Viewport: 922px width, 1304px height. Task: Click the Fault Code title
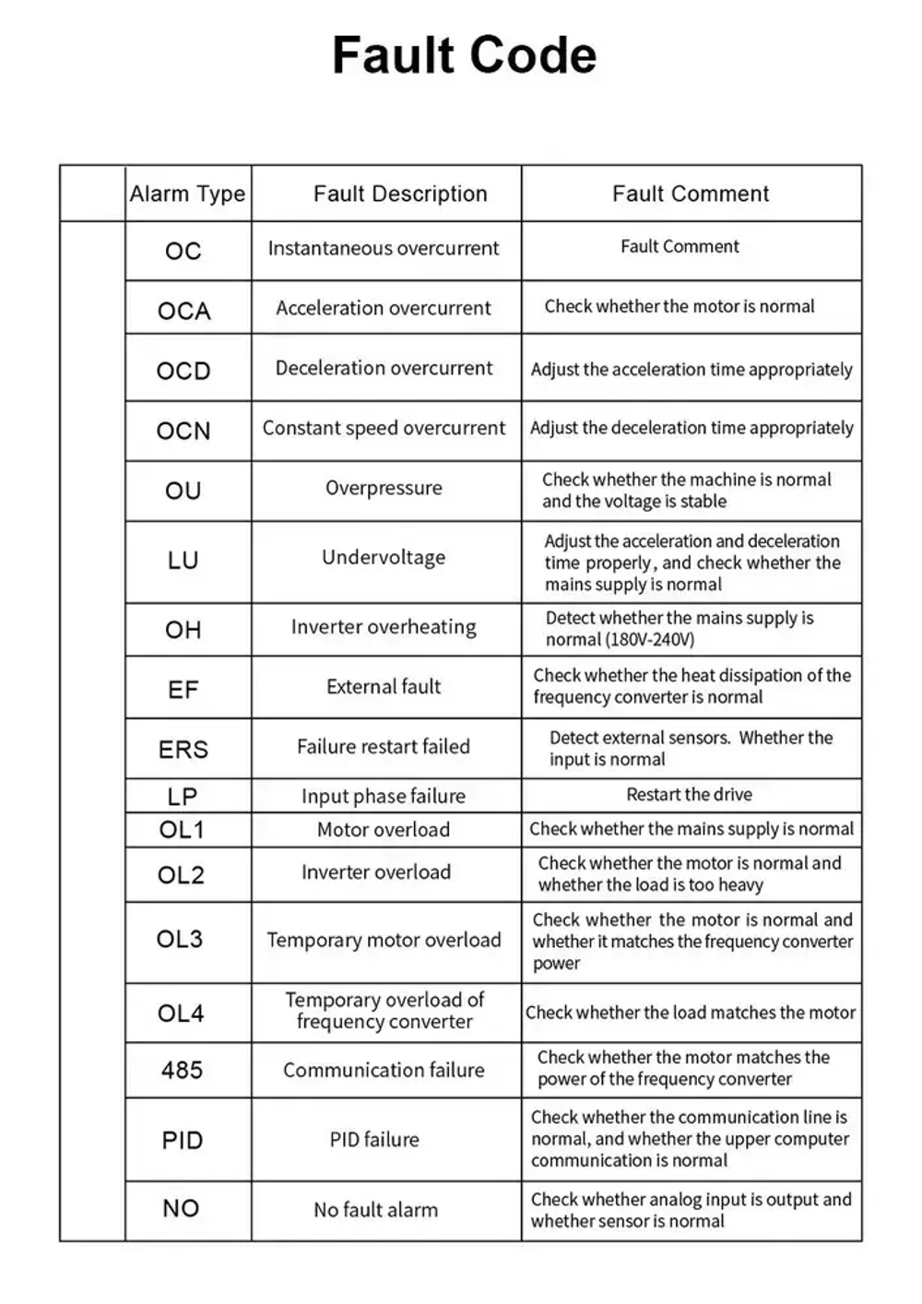tap(464, 55)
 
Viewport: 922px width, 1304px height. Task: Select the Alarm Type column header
tap(187, 194)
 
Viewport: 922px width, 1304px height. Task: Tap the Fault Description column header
tap(400, 194)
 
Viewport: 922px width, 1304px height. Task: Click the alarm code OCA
tap(184, 311)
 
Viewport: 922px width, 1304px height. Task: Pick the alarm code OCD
tap(183, 371)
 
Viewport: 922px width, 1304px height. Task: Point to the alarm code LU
tap(183, 561)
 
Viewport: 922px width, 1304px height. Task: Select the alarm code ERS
tap(183, 750)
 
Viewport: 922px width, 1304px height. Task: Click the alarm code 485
tap(182, 1071)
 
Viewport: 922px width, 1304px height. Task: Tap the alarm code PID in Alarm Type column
tap(182, 1141)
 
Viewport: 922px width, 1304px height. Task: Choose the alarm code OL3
tap(180, 939)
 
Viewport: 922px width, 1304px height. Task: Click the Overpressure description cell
tap(384, 488)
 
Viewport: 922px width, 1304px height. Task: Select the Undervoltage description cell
tap(384, 557)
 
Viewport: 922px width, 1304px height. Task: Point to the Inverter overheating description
tap(384, 627)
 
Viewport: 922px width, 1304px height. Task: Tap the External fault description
tap(384, 687)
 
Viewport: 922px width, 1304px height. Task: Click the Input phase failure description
tap(384, 796)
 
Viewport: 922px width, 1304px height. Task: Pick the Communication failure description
tap(384, 1070)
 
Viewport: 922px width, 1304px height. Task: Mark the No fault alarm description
tap(376, 1210)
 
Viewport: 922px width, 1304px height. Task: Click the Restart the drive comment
tap(690, 795)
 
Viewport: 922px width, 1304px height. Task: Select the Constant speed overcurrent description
tap(384, 428)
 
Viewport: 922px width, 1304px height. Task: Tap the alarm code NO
tap(181, 1209)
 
